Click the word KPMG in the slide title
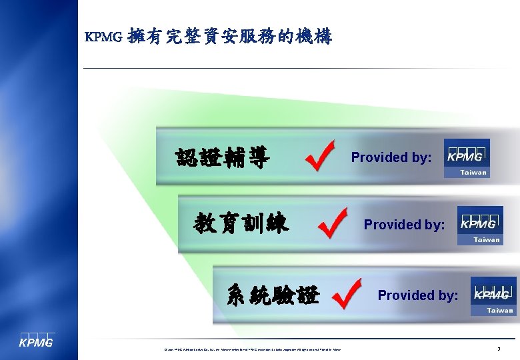point(103,38)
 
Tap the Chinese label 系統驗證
point(273,294)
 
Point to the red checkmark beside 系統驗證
point(346,293)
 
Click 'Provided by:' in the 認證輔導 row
point(391,158)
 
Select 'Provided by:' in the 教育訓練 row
point(404,225)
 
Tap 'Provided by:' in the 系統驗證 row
point(418,295)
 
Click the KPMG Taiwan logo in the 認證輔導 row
point(467,158)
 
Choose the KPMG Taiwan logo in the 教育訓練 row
point(480,225)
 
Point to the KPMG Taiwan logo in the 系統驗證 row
point(493,295)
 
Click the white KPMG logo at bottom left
point(35,341)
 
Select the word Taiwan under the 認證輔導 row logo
point(474,173)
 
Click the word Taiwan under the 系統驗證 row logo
point(500,310)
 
